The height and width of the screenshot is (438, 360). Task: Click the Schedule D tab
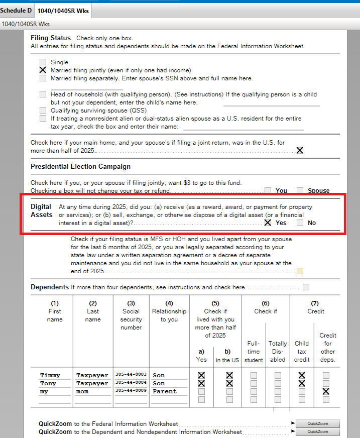[16, 11]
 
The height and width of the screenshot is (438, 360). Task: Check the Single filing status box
[43, 62]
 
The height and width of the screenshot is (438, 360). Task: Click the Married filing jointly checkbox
[43, 70]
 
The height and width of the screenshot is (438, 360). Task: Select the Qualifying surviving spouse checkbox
[43, 111]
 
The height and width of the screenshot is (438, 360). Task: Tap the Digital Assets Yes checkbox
[268, 223]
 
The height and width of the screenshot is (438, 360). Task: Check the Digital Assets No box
[300, 223]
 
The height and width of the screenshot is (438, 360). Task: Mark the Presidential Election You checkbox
[268, 190]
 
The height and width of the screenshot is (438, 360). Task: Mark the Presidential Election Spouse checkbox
[300, 190]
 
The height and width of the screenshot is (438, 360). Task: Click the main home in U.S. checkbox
[300, 150]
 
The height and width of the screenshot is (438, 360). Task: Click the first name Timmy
[50, 375]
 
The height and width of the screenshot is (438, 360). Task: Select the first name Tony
[48, 383]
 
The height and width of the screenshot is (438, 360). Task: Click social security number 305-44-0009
[131, 391]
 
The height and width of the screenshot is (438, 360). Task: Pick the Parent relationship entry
[165, 391]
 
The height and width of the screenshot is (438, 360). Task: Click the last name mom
[83, 391]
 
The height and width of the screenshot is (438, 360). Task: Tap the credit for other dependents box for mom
[326, 391]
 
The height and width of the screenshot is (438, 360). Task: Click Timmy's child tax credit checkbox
[302, 375]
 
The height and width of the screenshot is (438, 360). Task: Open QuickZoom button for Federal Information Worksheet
[317, 423]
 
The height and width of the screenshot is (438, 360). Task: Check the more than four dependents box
[306, 287]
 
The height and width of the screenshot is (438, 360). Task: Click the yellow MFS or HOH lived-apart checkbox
[300, 271]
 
